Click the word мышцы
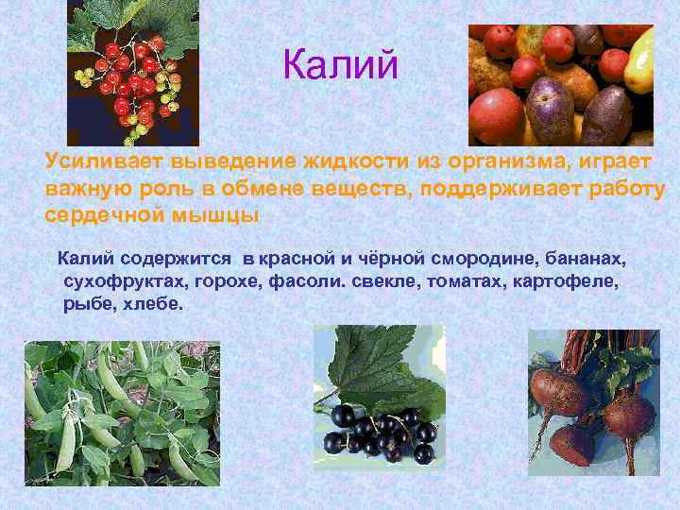pyautogui.click(x=218, y=214)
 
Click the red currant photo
pyautogui.click(x=132, y=73)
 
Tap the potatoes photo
pyautogui.click(x=561, y=85)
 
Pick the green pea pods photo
pyautogui.click(x=122, y=412)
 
